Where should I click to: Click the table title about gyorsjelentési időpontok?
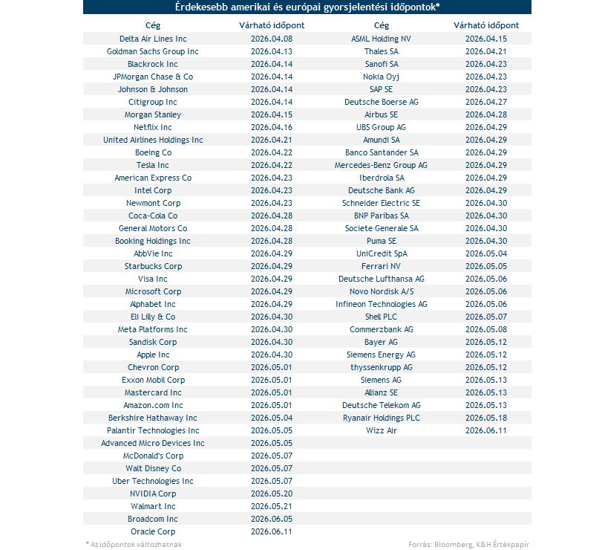pyautogui.click(x=307, y=7)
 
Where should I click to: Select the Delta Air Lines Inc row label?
pyautogui.click(x=153, y=39)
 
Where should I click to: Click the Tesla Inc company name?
pyautogui.click(x=153, y=165)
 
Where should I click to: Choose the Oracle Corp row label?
pyautogui.click(x=153, y=531)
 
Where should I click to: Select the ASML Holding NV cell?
pyautogui.click(x=381, y=39)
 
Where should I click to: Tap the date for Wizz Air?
pyautogui.click(x=485, y=430)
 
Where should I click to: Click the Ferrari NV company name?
pyautogui.click(x=381, y=266)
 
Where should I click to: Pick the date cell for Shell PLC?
pyautogui.click(x=485, y=317)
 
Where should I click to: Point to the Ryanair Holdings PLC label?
pyautogui.click(x=381, y=418)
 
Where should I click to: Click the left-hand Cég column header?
pyautogui.click(x=153, y=25)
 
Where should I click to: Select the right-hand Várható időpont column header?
pyautogui.click(x=485, y=25)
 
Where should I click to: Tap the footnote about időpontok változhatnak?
pyautogui.click(x=134, y=544)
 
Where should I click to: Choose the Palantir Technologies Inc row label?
pyautogui.click(x=153, y=430)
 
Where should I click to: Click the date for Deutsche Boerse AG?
pyautogui.click(x=485, y=102)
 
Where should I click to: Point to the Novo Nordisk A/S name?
pyautogui.click(x=381, y=291)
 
